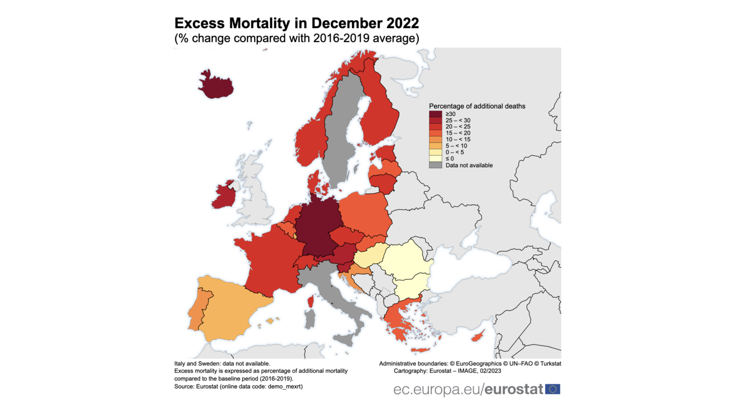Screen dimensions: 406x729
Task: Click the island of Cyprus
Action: (x=478, y=336)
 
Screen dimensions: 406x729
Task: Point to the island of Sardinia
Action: (x=310, y=319)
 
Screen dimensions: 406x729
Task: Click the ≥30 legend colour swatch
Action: (x=436, y=114)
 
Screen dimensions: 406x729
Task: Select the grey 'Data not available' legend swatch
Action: (x=436, y=165)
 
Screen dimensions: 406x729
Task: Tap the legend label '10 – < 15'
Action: (x=458, y=140)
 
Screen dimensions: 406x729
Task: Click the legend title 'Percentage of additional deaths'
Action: (x=477, y=106)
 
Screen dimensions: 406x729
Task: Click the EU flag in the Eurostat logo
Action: (x=552, y=389)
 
